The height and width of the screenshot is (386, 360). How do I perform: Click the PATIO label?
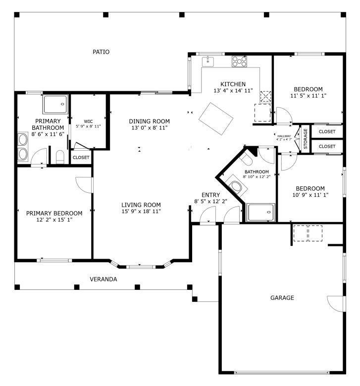tap(101, 52)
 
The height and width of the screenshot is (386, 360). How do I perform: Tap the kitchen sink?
tap(208, 61)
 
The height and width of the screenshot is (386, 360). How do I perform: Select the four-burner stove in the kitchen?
tap(240, 61)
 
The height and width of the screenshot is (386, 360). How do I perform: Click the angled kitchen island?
tap(216, 118)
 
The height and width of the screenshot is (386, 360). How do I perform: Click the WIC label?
tap(88, 121)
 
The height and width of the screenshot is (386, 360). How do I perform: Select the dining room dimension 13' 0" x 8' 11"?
tap(149, 128)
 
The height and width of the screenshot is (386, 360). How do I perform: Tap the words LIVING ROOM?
tap(141, 205)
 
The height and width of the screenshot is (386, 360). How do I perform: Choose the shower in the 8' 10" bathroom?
tap(260, 213)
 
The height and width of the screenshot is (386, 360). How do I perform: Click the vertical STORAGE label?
tap(306, 139)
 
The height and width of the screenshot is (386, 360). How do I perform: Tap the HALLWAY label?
tap(284, 136)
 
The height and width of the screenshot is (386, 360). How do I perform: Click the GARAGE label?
tap(282, 298)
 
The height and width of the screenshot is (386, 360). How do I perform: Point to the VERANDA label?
tap(103, 279)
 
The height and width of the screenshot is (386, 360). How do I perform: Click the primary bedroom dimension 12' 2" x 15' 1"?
tap(54, 220)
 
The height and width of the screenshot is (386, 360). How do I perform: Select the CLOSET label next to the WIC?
tap(81, 158)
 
